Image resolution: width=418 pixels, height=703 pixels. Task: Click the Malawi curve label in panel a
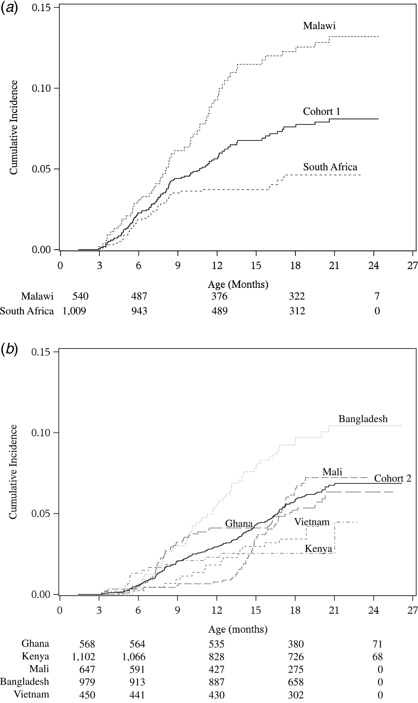pos(319,26)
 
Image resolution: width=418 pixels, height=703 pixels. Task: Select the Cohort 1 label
pos(321,111)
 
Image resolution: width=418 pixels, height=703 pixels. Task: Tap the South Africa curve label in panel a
pos(330,167)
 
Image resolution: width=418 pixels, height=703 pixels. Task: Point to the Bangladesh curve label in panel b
pos(363,419)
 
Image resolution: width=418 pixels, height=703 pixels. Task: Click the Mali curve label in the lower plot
pos(332,472)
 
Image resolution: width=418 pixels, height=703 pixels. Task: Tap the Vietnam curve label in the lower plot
pos(312,522)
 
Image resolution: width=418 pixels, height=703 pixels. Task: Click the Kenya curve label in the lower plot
pos(318,549)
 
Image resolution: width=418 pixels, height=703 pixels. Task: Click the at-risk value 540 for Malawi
pos(80,296)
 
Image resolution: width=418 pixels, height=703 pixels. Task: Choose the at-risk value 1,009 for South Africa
pos(74,311)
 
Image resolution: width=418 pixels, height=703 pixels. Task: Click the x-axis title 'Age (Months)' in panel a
pos(238,284)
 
